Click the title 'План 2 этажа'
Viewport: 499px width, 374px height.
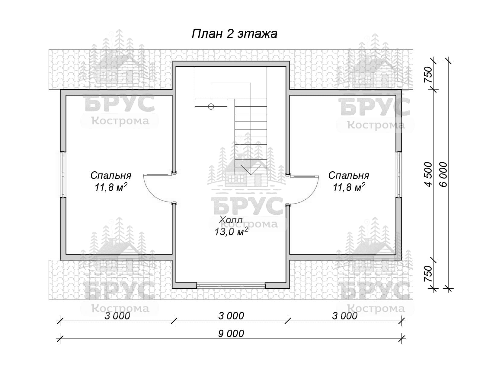pos(234,34)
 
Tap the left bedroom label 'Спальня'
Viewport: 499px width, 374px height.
pos(111,176)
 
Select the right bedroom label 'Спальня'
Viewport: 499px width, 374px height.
pos(348,176)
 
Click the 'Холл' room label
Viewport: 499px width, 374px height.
pos(231,220)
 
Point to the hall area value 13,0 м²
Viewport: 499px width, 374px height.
pos(231,232)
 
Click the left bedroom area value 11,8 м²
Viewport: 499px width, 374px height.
pos(111,187)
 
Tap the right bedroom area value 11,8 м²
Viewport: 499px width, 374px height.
pos(349,187)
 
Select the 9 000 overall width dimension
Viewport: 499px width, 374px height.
pos(231,334)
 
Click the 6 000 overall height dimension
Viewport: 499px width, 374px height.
pos(443,175)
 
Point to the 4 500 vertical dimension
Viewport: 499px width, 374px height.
pos(428,175)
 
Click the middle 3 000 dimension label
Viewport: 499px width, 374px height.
pos(231,316)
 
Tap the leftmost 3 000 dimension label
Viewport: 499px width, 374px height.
pos(117,316)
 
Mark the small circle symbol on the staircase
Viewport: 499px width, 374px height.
pos(211,106)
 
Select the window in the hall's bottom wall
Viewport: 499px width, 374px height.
pos(231,285)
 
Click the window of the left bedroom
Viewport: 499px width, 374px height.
pos(63,174)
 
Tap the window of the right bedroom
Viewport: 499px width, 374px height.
pos(399,174)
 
